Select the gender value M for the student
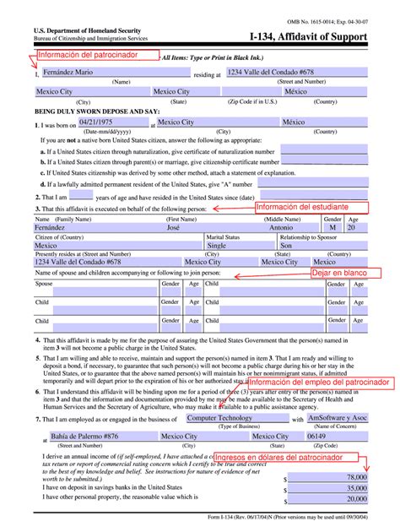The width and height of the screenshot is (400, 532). [332, 229]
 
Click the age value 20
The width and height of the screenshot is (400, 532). [352, 229]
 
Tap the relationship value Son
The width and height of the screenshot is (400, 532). [288, 246]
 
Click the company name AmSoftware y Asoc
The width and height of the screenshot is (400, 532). [338, 418]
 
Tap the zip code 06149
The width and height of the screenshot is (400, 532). [292, 436]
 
